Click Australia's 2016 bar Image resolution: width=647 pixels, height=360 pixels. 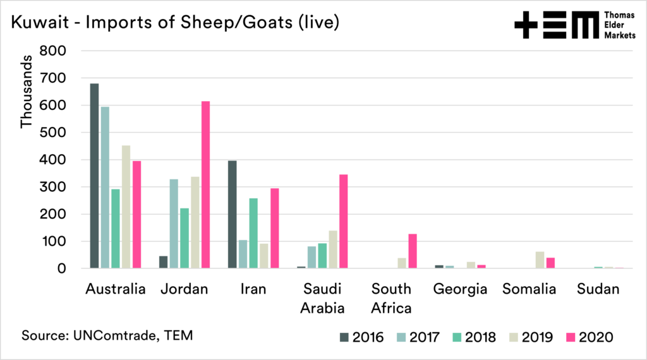pyautogui.click(x=94, y=176)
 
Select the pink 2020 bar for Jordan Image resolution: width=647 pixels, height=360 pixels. pyautogui.click(x=205, y=184)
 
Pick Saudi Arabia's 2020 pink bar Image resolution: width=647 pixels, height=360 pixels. pyautogui.click(x=344, y=221)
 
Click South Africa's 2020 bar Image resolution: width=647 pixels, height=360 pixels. pyautogui.click(x=413, y=251)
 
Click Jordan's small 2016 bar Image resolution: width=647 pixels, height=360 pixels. pyautogui.click(x=164, y=262)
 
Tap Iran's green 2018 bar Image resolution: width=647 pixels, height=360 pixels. pyautogui.click(x=253, y=233)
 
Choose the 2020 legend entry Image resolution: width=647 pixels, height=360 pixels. pyautogui.click(x=587, y=337)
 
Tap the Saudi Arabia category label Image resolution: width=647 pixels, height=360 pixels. pyautogui.click(x=323, y=299)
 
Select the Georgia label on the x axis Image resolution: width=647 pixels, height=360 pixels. pyautogui.click(x=461, y=290)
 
